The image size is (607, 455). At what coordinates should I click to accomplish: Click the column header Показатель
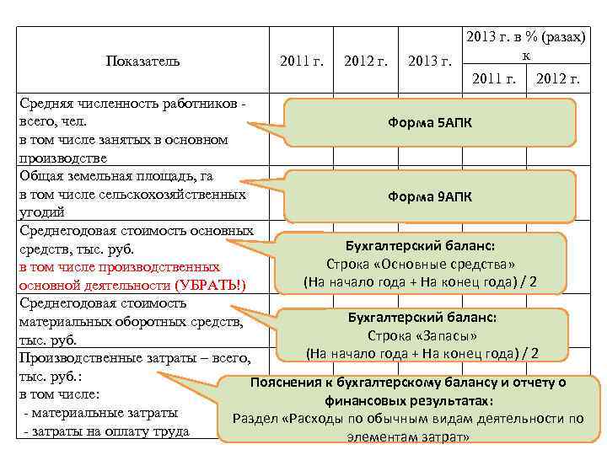pyautogui.click(x=143, y=61)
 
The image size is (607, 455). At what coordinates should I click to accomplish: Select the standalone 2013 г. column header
pyautogui.click(x=429, y=61)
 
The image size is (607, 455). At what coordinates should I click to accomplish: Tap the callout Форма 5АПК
pyautogui.click(x=430, y=123)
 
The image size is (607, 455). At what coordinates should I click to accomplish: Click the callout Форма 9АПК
pyautogui.click(x=430, y=196)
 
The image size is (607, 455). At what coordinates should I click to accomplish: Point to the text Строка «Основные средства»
pyautogui.click(x=422, y=263)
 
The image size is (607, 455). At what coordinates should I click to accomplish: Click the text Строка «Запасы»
pyautogui.click(x=422, y=335)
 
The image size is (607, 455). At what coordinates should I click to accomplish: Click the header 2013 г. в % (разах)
pyautogui.click(x=526, y=38)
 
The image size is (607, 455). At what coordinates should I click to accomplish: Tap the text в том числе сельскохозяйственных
pyautogui.click(x=132, y=194)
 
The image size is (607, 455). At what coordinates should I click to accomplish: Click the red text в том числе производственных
pyautogui.click(x=119, y=267)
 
